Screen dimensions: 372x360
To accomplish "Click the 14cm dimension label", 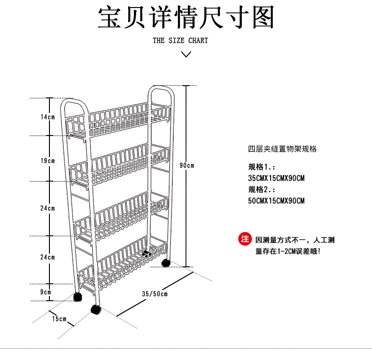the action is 48,117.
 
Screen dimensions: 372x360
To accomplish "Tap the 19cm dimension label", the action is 48,161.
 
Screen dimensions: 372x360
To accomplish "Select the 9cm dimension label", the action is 46,292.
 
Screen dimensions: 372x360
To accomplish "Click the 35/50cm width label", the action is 154,294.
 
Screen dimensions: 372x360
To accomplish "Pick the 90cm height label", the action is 187,165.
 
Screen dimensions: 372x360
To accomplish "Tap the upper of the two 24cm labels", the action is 48,208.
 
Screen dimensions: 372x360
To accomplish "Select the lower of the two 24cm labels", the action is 48,257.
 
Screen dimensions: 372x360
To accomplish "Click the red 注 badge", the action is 245,239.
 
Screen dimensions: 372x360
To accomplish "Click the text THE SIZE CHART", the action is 180,40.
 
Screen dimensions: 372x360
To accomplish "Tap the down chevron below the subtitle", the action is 186,54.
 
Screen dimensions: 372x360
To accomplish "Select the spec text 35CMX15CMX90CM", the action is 276,178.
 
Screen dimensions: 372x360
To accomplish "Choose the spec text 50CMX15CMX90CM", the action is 276,201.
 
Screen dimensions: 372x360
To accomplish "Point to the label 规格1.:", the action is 262,167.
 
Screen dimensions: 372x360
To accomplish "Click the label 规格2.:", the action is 262,190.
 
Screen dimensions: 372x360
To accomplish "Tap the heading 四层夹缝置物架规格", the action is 283,149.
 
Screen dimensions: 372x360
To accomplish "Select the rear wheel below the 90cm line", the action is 165,263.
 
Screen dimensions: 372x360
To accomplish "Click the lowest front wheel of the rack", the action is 96,309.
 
